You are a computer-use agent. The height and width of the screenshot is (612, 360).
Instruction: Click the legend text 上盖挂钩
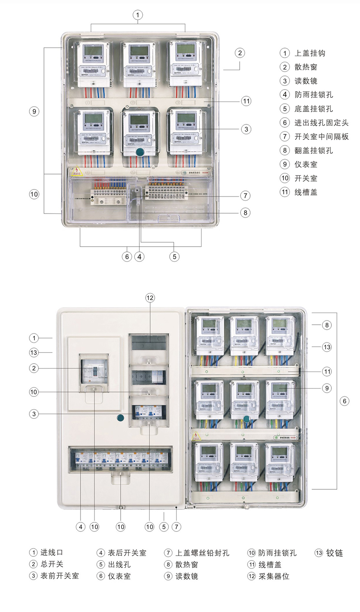click(310, 53)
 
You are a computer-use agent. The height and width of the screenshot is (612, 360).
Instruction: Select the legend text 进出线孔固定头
click(321, 123)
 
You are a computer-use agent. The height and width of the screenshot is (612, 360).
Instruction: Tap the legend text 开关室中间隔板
click(321, 136)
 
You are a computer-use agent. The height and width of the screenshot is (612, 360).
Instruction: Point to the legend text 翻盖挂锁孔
click(314, 151)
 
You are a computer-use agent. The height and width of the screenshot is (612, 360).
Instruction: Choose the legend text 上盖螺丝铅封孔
click(202, 553)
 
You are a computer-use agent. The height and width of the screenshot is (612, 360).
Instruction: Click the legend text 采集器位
click(274, 576)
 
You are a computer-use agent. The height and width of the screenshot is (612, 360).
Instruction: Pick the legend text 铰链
click(334, 553)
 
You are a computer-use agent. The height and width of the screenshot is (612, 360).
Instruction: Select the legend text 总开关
click(52, 564)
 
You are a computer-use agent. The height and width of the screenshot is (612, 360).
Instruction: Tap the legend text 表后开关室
click(127, 553)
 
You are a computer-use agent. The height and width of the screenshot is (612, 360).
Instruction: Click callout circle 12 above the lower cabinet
click(150, 298)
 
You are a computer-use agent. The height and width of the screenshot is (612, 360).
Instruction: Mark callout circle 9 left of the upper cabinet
click(34, 111)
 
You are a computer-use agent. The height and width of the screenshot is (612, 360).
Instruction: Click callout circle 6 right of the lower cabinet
click(344, 401)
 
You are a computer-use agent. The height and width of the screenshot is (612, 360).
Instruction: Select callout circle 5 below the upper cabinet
click(174, 257)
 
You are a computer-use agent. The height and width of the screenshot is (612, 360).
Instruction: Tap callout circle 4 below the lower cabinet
click(80, 527)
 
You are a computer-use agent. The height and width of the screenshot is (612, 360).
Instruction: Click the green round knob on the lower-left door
click(121, 418)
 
